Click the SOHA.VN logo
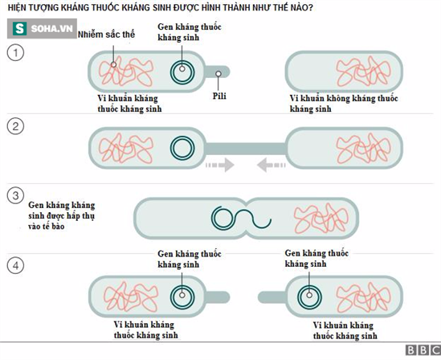pyautogui.click(x=42, y=28)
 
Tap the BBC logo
pyautogui.click(x=423, y=350)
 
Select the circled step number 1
pyautogui.click(x=15, y=53)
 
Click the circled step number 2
pyautogui.click(x=15, y=125)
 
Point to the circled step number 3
pyautogui.click(x=15, y=195)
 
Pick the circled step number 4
pyautogui.click(x=15, y=265)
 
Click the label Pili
pyautogui.click(x=219, y=96)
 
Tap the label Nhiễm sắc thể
pyautogui.click(x=106, y=35)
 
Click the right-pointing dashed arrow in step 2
pyautogui.click(x=220, y=165)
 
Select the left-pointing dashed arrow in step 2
pyautogui.click(x=272, y=165)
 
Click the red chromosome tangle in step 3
pyautogui.click(x=321, y=219)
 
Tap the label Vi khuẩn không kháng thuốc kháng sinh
pyautogui.click(x=344, y=104)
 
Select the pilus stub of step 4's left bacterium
pyautogui.click(x=218, y=297)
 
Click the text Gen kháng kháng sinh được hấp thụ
pyautogui.click(x=62, y=211)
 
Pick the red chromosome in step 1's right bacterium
pyautogui.click(x=363, y=72)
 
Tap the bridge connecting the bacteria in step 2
pyautogui.click(x=246, y=149)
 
